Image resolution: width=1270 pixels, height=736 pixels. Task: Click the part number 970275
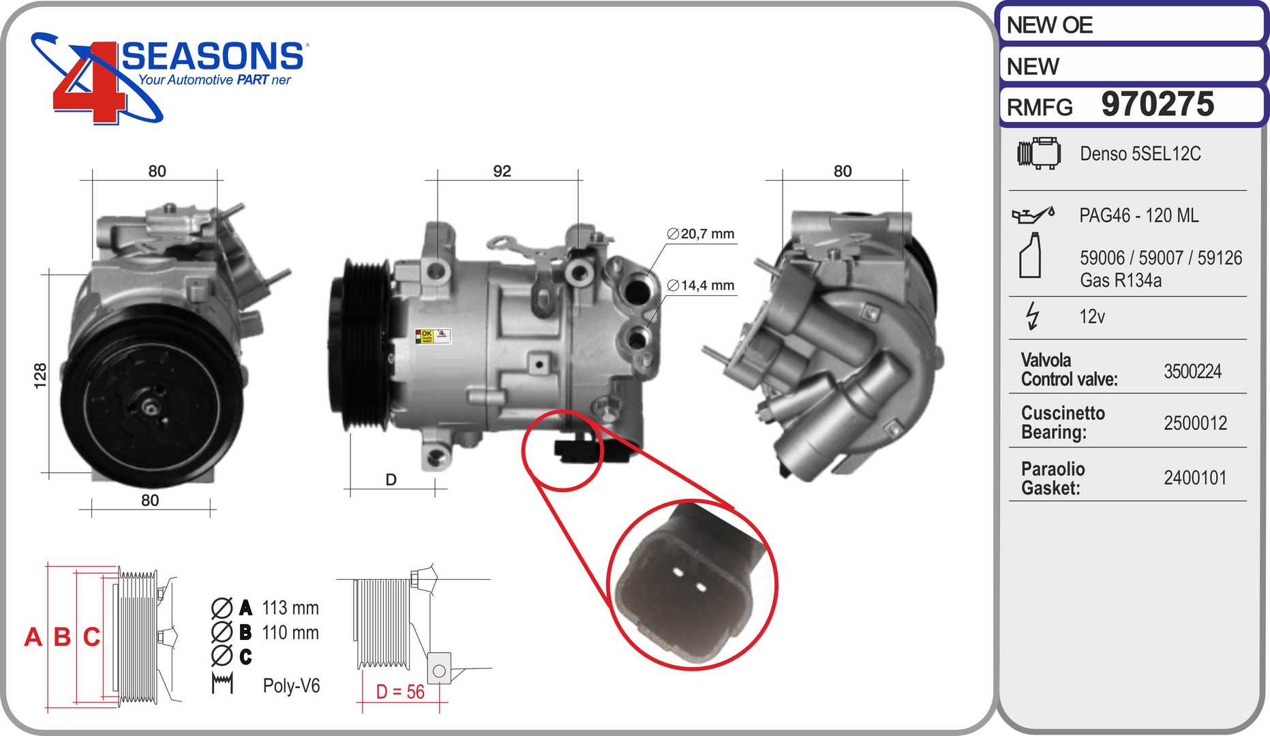pyautogui.click(x=1158, y=104)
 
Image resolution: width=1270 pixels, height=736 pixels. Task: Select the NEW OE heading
pyautogui.click(x=1050, y=25)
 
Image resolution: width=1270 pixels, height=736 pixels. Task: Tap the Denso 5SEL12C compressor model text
pyautogui.click(x=1140, y=153)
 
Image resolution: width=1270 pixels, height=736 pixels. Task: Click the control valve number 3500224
pyautogui.click(x=1192, y=371)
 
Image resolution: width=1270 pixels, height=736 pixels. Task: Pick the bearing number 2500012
pyautogui.click(x=1195, y=423)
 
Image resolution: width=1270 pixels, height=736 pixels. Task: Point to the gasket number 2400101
pyautogui.click(x=1195, y=478)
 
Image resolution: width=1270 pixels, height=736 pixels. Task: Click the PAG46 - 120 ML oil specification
pyautogui.click(x=1138, y=215)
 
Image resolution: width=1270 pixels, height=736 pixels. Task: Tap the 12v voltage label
pyautogui.click(x=1092, y=316)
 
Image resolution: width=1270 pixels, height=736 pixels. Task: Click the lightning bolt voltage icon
pyautogui.click(x=1033, y=316)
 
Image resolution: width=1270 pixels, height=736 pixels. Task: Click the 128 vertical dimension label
pyautogui.click(x=40, y=375)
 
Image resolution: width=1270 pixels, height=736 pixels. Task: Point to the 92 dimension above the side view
pyautogui.click(x=502, y=171)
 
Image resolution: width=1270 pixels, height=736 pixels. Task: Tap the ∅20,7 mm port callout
pyautogui.click(x=701, y=234)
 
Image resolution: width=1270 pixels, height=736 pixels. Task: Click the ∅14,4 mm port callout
pyautogui.click(x=701, y=286)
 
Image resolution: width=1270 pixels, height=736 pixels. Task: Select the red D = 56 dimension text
pyautogui.click(x=400, y=692)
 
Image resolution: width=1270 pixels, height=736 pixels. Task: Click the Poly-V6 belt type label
pyautogui.click(x=291, y=686)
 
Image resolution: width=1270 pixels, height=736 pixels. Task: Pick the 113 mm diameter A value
pyautogui.click(x=290, y=607)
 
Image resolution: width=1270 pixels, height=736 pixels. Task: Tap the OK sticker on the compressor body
pyautogui.click(x=425, y=337)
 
